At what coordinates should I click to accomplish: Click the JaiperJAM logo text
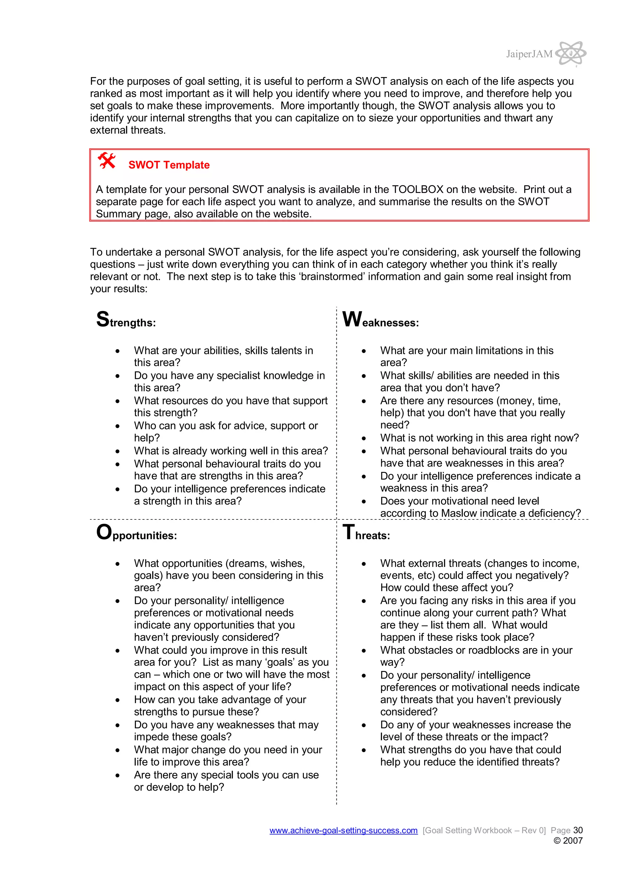tap(529, 54)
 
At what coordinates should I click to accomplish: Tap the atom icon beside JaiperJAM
tap(570, 53)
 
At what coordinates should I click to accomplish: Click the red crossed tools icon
tap(107, 161)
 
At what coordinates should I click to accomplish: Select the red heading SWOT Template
tap(169, 165)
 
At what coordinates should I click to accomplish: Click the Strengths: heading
tap(126, 321)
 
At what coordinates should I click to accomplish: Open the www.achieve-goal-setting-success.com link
tap(343, 830)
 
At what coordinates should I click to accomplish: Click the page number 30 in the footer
tap(578, 830)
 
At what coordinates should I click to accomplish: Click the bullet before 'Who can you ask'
tap(117, 426)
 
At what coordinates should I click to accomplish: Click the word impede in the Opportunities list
tap(151, 737)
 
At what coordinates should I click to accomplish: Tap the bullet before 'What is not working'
tap(364, 438)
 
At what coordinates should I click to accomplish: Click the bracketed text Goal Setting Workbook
tap(484, 830)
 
